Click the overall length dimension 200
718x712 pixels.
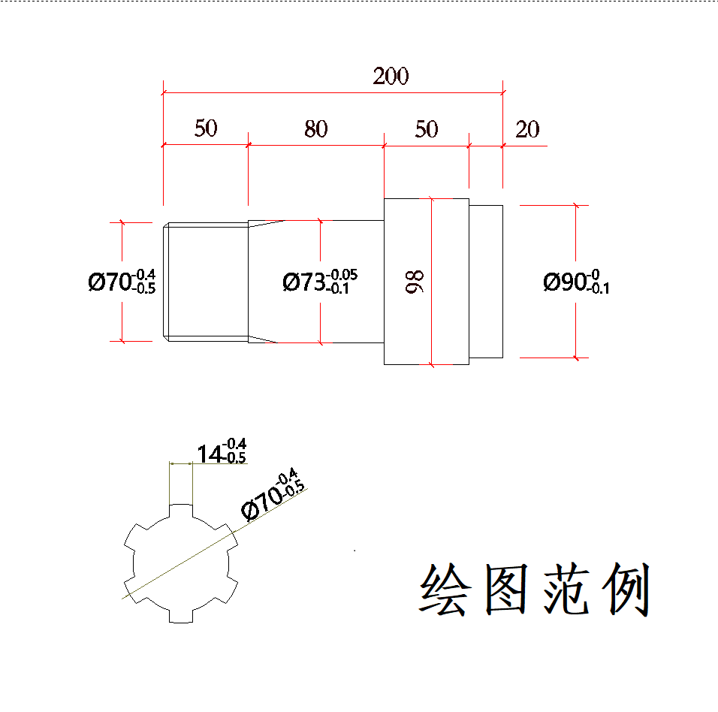(391, 76)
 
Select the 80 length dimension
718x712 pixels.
(315, 129)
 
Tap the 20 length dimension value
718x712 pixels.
(527, 129)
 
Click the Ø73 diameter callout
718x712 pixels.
(320, 282)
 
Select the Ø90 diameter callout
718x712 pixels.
(576, 282)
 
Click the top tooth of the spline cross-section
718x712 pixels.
(181, 511)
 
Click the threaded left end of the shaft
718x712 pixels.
(207, 282)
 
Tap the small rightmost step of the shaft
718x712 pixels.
(486, 282)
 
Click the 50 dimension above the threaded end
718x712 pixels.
(206, 129)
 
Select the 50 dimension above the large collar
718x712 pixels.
(426, 129)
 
